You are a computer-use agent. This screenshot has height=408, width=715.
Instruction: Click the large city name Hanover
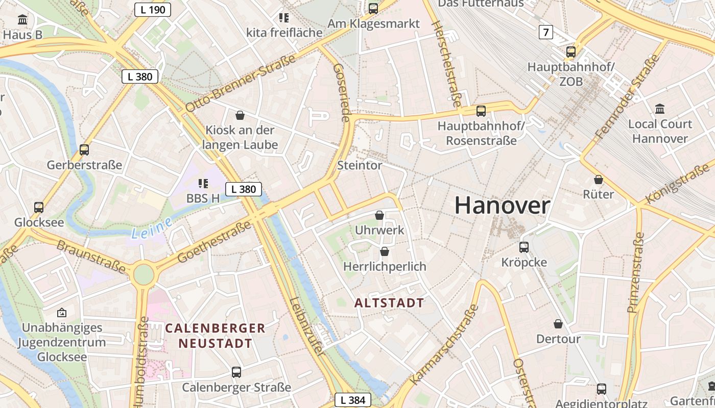point(502,206)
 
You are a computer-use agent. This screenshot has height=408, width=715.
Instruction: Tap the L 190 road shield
point(152,9)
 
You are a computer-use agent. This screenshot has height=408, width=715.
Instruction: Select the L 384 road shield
point(352,400)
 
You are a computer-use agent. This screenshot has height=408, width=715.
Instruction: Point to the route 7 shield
point(546,33)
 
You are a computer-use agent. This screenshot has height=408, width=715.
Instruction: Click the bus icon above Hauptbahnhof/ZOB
point(571,52)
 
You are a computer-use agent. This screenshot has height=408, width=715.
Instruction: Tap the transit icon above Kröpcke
point(524,247)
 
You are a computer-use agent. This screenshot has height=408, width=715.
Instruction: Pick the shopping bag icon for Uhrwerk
point(379,215)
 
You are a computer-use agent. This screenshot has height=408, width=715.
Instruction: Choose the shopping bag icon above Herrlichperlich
point(385,251)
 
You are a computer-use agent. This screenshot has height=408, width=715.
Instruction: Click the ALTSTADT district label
point(389,303)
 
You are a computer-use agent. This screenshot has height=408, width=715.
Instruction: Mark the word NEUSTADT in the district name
point(215,343)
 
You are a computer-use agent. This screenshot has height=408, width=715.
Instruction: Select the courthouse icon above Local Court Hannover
point(659,109)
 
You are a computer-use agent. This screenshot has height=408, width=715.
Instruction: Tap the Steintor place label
point(360,165)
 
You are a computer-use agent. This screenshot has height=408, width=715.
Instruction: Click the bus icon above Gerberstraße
point(84,150)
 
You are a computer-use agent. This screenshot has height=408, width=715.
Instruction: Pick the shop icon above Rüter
point(599,180)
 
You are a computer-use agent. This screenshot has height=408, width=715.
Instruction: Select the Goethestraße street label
point(214,242)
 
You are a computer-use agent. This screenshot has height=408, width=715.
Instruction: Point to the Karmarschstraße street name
point(444,345)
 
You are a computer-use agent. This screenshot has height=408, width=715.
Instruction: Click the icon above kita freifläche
point(284,18)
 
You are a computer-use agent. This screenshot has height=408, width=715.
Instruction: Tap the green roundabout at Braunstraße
point(144,274)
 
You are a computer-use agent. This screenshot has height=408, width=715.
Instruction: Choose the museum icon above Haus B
point(22,20)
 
